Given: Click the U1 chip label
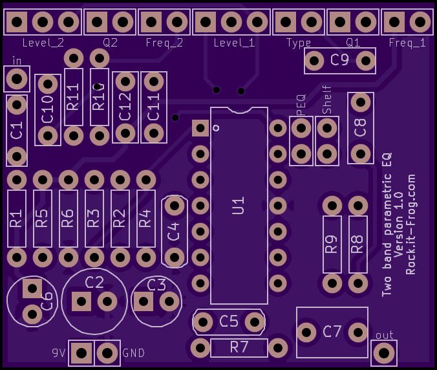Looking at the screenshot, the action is [x=239, y=206].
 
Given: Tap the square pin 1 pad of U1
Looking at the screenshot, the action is [x=200, y=128].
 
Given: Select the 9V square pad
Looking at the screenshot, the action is [x=81, y=353].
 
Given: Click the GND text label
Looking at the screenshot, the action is [x=134, y=353].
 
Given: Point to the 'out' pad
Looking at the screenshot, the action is [x=384, y=353].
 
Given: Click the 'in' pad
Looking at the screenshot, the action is [x=17, y=79].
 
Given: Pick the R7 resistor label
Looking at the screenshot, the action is [x=239, y=347].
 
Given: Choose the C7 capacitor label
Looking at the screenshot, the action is [x=332, y=332].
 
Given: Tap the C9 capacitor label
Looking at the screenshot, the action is [x=339, y=60].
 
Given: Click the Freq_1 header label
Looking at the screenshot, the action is [x=407, y=43].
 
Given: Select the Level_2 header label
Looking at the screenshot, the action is [x=43, y=43].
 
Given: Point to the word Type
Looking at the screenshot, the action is [x=299, y=43].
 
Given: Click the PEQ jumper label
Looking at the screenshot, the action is [x=301, y=105].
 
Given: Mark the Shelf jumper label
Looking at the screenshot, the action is [x=327, y=100].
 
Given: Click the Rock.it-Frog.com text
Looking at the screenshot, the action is [x=410, y=224].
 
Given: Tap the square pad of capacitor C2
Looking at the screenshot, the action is [x=81, y=301].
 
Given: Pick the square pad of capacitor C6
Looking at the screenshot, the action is [x=32, y=288].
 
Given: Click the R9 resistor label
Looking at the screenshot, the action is [x=332, y=245].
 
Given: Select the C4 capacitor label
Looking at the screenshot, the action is [x=174, y=232].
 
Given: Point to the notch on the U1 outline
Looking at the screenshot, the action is [x=239, y=111].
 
